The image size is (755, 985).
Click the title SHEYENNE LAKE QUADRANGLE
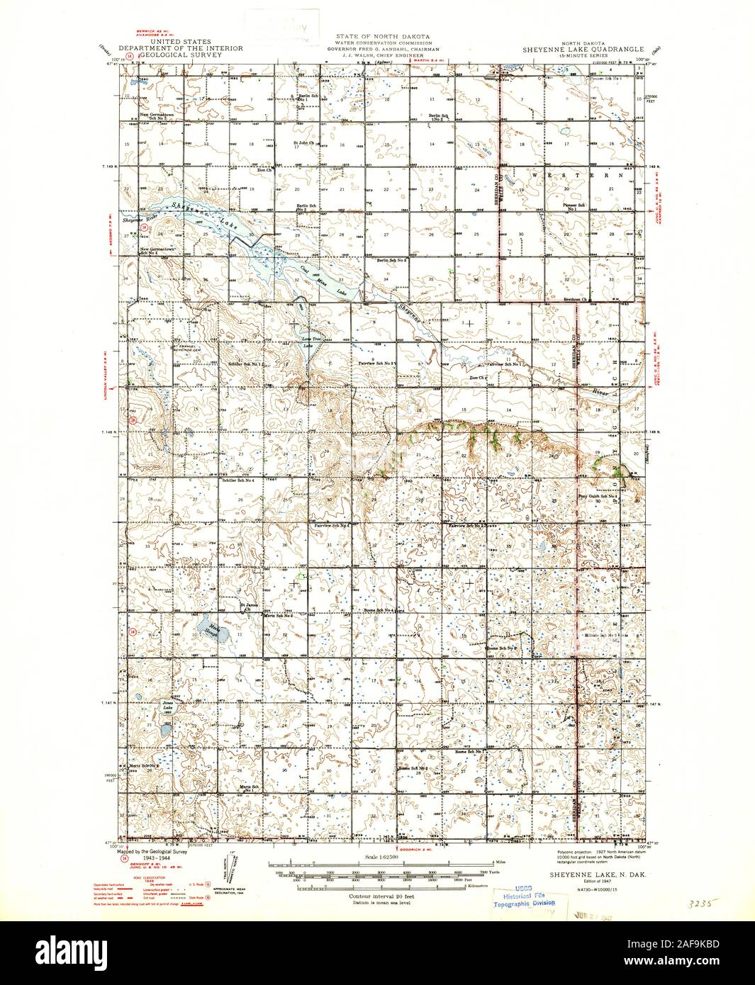(584, 49)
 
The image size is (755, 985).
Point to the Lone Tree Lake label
(313, 340)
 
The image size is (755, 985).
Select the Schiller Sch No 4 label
(238, 480)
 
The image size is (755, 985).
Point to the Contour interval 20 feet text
(377, 896)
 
